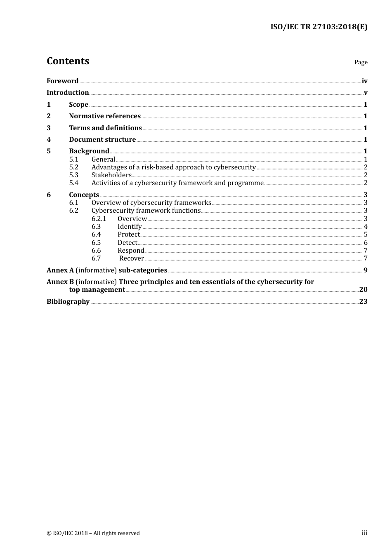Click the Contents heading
point(68,61)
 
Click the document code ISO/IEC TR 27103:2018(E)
point(319,27)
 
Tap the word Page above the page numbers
point(361,62)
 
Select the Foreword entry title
point(62,81)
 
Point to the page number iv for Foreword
point(364,81)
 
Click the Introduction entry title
point(68,92)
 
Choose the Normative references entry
point(105,116)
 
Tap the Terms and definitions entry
point(105,128)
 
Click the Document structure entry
point(102,139)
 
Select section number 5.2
point(74,167)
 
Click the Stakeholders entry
point(111,175)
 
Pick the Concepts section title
point(84,195)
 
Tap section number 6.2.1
point(99,218)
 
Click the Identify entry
point(130,226)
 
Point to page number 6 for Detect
point(366,242)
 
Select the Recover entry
point(132,258)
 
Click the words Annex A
point(60,270)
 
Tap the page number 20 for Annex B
point(363,289)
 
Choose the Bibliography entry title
point(68,301)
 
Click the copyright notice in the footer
point(93,533)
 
